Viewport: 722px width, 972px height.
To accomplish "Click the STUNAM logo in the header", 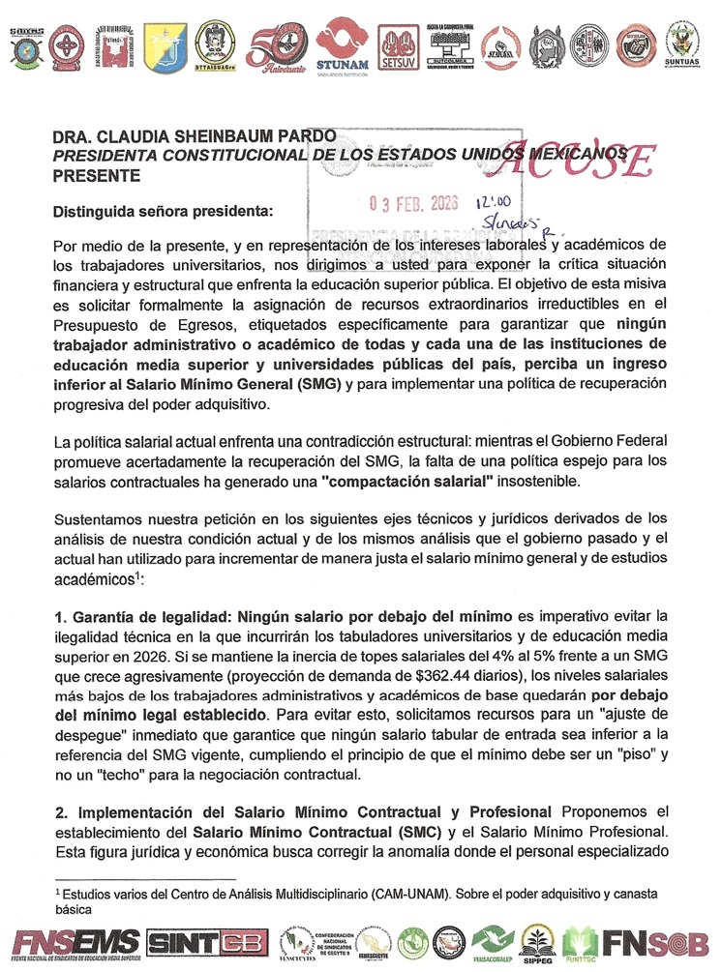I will click(338, 44).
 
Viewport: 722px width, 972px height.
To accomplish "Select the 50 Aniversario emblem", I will click(276, 46).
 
